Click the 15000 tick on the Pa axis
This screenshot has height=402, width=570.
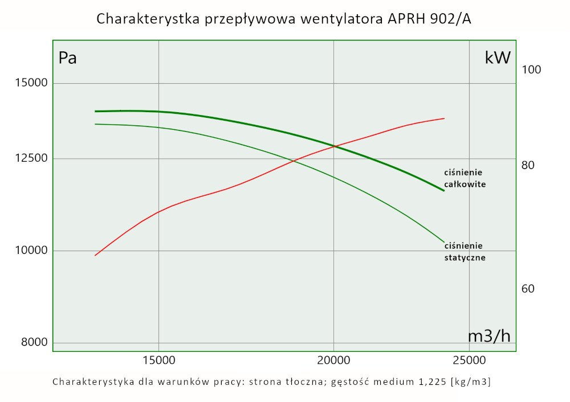[31, 83]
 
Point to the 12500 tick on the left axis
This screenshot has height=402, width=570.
[31, 158]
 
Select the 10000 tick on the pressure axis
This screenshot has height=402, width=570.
[31, 251]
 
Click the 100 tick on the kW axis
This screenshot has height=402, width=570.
[531, 69]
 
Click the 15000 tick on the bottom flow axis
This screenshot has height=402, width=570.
[158, 360]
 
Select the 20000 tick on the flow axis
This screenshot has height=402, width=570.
[333, 360]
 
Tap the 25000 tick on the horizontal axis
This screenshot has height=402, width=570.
[469, 360]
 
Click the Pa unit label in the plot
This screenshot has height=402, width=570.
[68, 58]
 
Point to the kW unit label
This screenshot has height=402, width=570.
[498, 58]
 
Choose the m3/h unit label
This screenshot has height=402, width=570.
[489, 336]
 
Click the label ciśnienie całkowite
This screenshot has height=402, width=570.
[465, 178]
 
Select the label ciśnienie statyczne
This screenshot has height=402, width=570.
[465, 252]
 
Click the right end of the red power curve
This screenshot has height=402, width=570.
[444, 118]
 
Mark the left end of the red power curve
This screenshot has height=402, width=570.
[95, 255]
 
